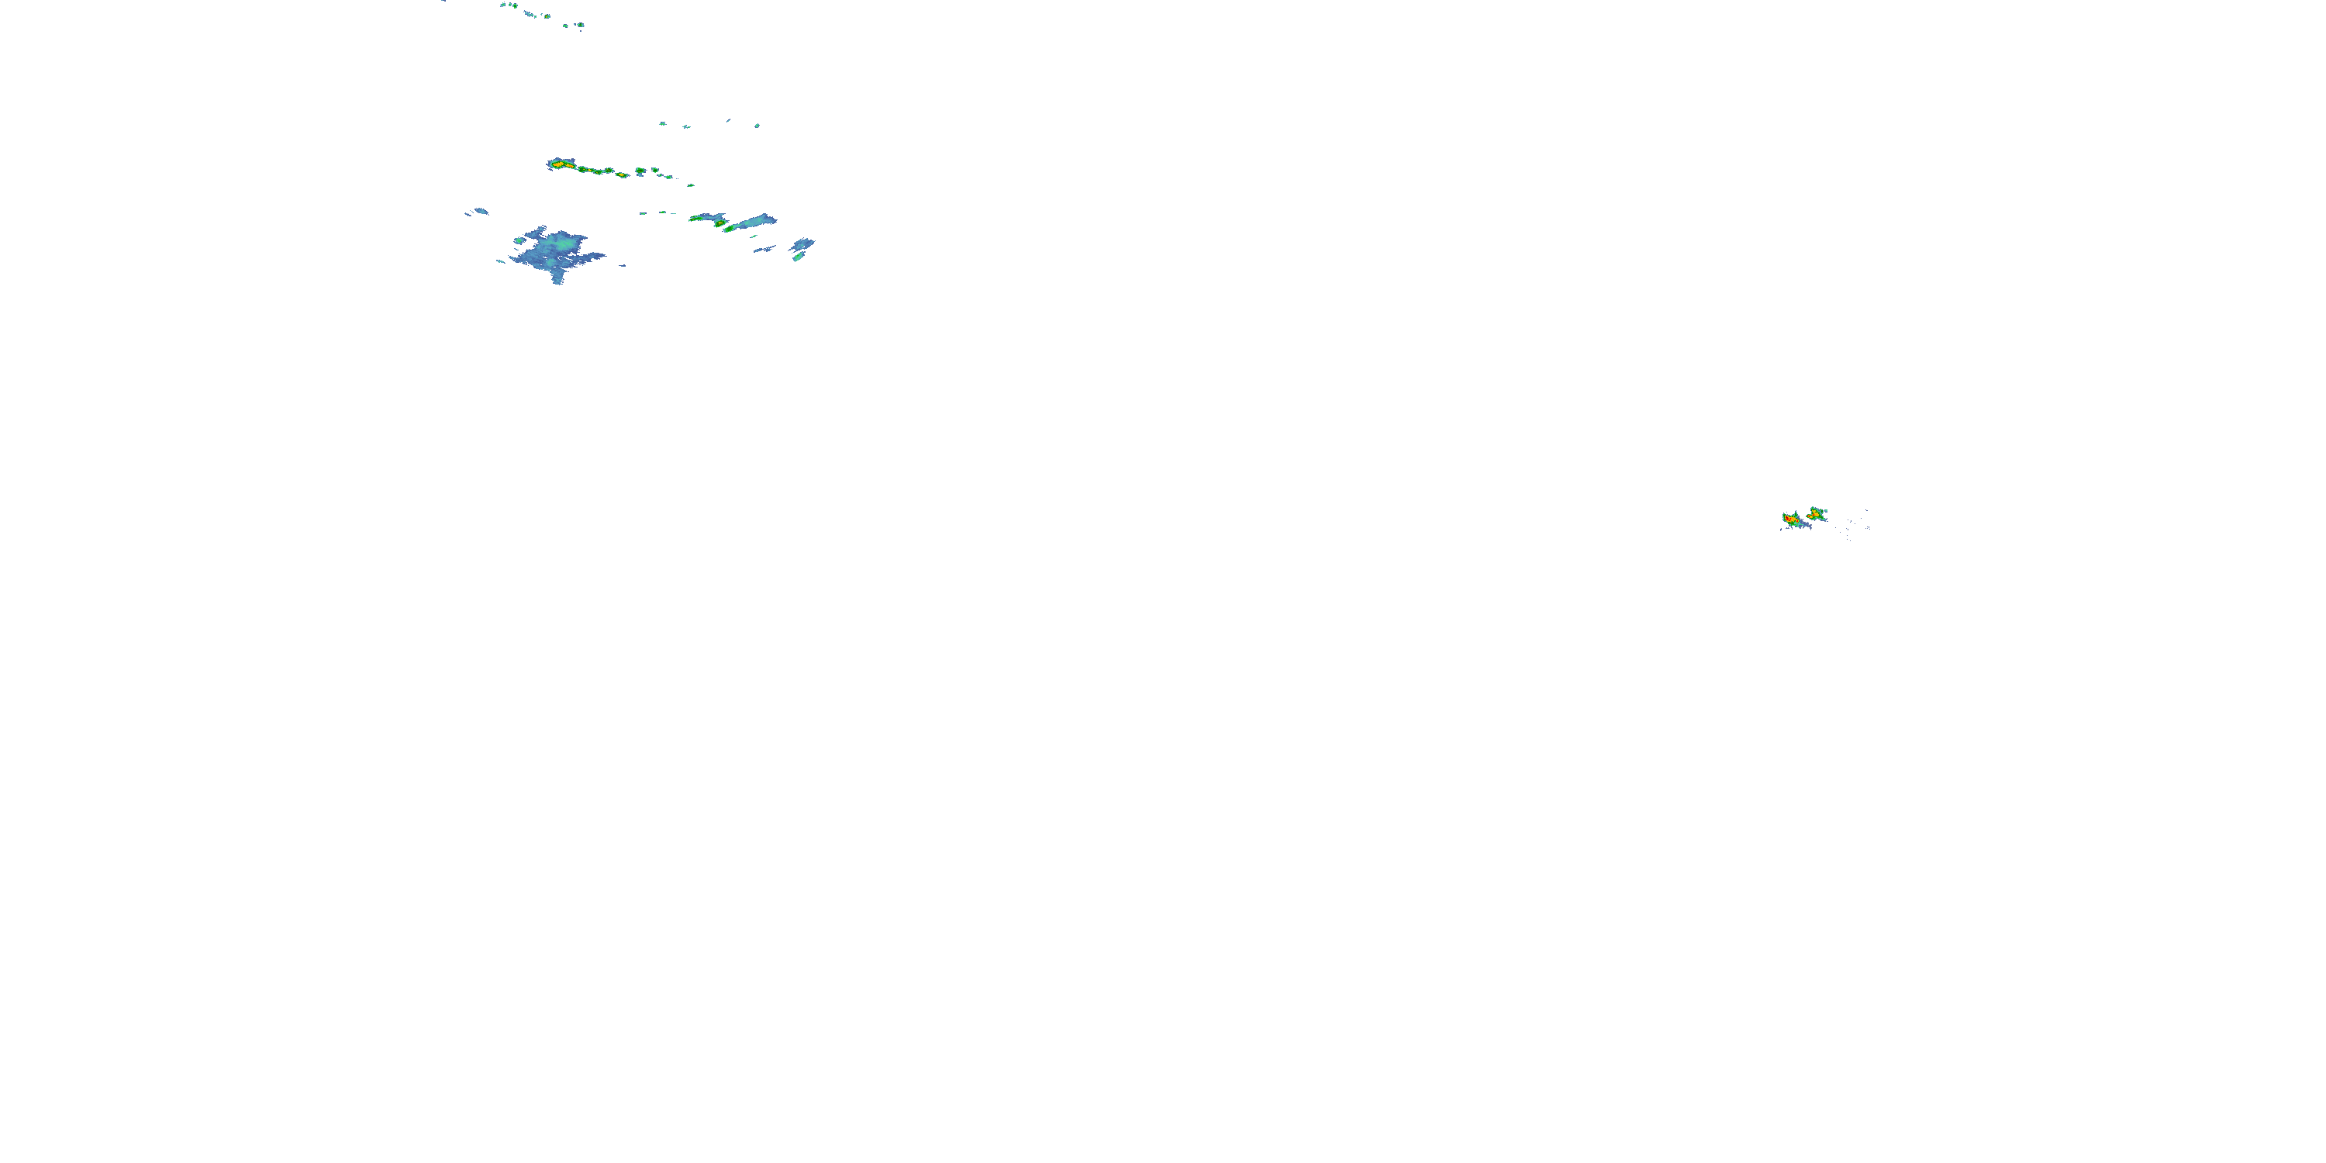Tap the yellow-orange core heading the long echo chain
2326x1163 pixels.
(x=560, y=164)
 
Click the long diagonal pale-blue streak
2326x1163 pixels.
(x=751, y=221)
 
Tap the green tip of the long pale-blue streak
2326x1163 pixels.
(x=730, y=229)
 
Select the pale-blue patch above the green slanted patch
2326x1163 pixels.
(x=802, y=243)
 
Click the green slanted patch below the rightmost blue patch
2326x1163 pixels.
(x=799, y=257)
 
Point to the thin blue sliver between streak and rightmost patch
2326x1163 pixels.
(x=764, y=248)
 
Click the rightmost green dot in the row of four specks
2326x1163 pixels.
(x=757, y=126)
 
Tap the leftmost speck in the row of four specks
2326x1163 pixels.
(x=662, y=123)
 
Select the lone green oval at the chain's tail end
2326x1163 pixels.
(x=691, y=185)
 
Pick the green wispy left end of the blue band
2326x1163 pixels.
(x=695, y=218)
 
